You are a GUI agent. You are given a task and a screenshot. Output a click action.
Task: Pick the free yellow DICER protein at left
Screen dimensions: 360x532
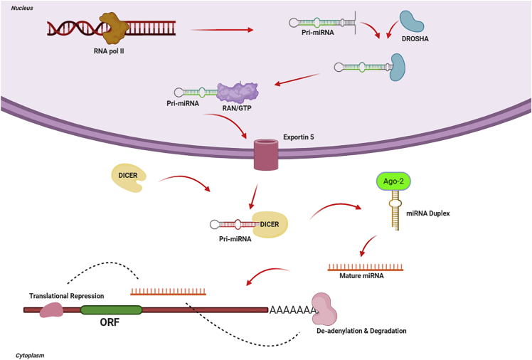(129, 178)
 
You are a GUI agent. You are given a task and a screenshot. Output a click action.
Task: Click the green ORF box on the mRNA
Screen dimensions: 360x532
(111, 310)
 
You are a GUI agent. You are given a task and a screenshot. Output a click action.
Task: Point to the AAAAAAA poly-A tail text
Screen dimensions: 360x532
(292, 311)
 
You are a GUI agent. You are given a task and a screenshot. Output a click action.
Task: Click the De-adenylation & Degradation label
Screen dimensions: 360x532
(361, 331)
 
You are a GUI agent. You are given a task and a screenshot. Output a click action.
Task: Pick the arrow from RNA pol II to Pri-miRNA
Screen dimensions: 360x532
(222, 30)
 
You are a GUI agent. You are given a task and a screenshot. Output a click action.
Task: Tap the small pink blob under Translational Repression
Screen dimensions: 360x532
(52, 309)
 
